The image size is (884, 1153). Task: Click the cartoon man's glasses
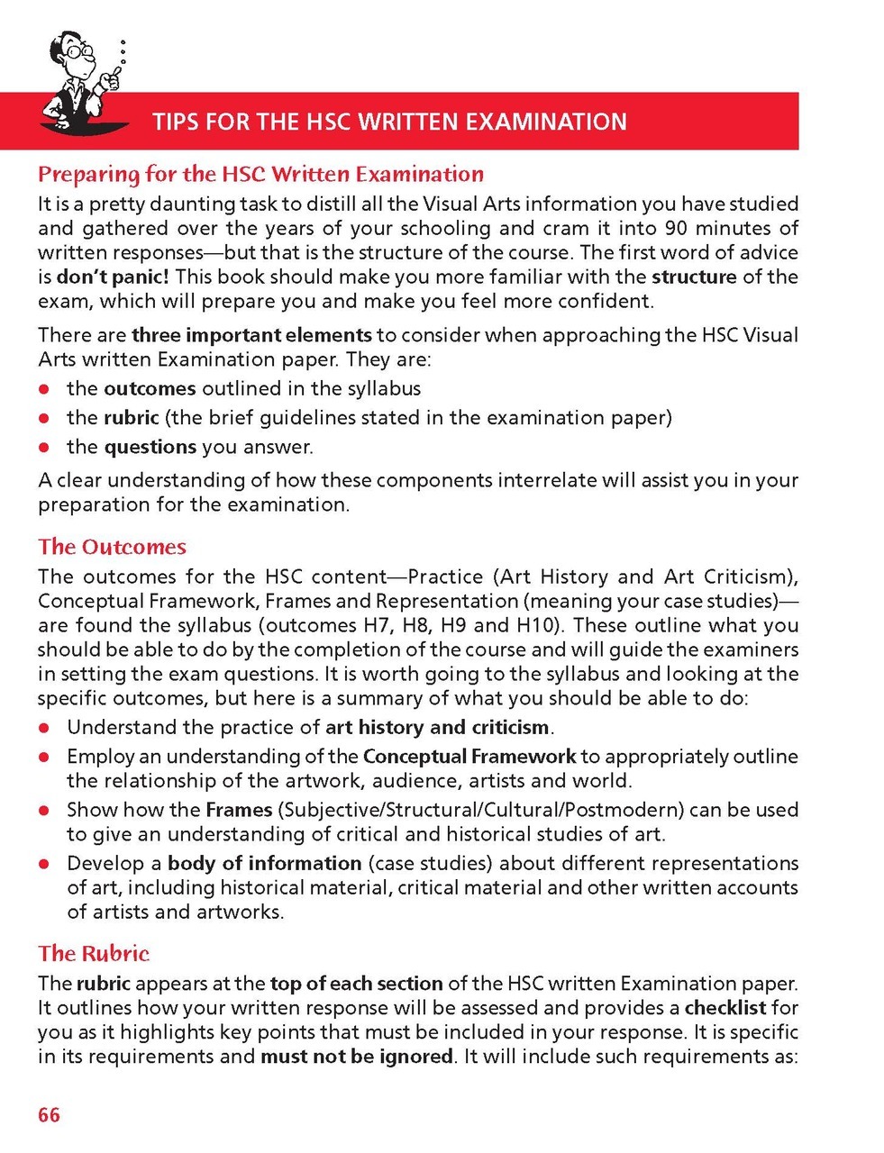pos(82,51)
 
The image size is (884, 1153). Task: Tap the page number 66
pos(49,1115)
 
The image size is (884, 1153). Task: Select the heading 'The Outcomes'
pos(112,547)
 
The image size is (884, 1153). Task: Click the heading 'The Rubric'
pos(94,953)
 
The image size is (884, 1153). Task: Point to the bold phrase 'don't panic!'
pos(113,277)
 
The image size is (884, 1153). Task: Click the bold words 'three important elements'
pos(251,335)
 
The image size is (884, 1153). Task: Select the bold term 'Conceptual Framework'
pos(469,757)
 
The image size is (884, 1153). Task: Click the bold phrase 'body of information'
pos(265,863)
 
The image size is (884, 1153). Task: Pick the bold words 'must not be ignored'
pos(357,1056)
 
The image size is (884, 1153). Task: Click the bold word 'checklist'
pos(725,1007)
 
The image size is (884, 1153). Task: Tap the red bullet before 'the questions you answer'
pos(43,448)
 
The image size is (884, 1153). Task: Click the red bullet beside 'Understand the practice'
pos(43,728)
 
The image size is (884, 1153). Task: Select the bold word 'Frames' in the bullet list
pos(239,810)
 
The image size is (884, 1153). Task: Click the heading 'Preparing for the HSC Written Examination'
pos(260,174)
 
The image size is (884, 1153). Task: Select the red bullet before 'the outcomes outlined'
pos(43,390)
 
